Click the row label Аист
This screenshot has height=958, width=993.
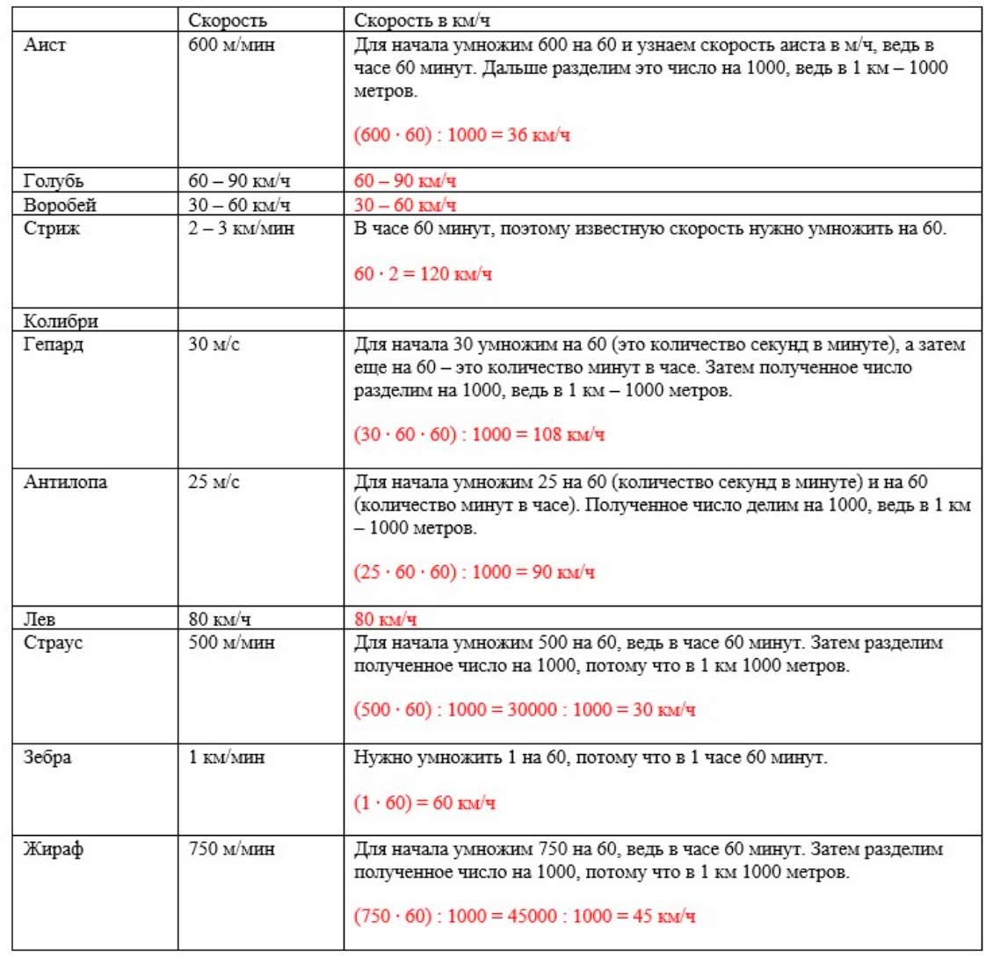[x=44, y=46]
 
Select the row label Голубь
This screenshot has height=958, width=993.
[x=54, y=182]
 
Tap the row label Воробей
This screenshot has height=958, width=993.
[x=60, y=206]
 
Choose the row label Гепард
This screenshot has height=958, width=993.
[x=53, y=345]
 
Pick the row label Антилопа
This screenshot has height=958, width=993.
[x=65, y=483]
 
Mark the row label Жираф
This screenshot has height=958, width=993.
[x=53, y=850]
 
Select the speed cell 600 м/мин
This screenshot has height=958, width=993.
[x=231, y=46]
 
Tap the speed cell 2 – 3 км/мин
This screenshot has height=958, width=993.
[x=241, y=229]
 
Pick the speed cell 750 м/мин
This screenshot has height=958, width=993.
[x=231, y=850]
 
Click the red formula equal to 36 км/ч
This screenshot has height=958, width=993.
[x=461, y=136]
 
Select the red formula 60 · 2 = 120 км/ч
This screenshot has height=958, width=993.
[x=423, y=274]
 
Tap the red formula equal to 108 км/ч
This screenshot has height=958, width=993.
[x=480, y=435]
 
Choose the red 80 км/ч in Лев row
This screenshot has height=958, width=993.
[x=385, y=620]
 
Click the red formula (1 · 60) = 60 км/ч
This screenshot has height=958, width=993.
[x=424, y=803]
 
